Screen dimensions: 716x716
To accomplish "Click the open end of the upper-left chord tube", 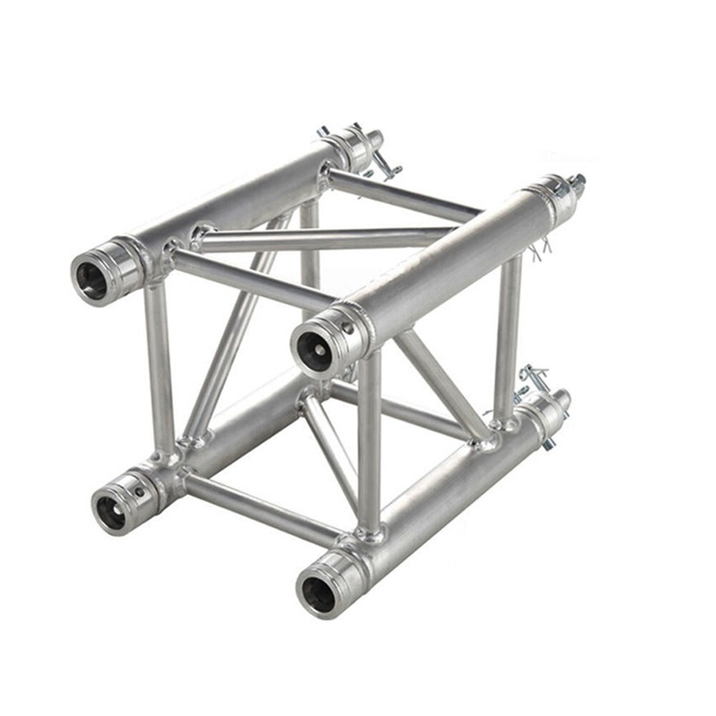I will pos(91,280).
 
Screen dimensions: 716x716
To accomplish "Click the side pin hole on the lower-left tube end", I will pos(138,489).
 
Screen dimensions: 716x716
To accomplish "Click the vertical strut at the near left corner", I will pos(160,367).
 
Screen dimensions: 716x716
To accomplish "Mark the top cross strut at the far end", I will pos(403,195).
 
